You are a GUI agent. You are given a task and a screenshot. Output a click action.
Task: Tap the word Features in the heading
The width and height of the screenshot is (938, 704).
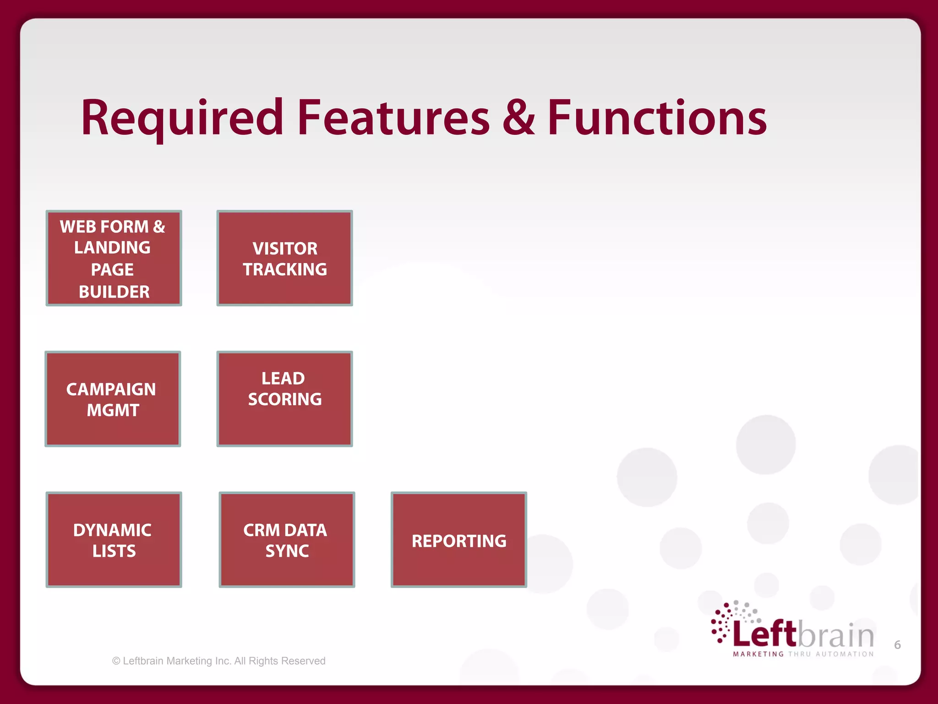click(x=393, y=118)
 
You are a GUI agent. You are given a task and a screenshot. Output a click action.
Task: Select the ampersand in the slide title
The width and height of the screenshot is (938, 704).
click(x=518, y=118)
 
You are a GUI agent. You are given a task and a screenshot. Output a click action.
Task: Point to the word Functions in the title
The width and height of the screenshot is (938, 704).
click(x=657, y=118)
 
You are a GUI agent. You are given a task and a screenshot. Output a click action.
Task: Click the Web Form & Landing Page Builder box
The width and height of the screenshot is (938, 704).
click(x=114, y=258)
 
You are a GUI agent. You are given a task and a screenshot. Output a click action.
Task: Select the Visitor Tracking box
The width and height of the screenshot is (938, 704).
click(x=284, y=258)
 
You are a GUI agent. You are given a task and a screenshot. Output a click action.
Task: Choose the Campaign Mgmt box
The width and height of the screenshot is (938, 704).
click(x=113, y=399)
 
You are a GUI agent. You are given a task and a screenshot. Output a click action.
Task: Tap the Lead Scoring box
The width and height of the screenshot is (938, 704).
click(x=284, y=399)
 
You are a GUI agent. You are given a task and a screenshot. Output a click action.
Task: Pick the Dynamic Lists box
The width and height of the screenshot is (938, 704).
click(x=114, y=539)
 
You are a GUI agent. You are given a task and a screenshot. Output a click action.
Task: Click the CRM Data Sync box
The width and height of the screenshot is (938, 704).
click(x=287, y=539)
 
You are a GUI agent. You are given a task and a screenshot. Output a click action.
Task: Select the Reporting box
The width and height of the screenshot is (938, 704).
click(x=458, y=539)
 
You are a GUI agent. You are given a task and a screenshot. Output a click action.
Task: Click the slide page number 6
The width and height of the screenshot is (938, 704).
click(x=897, y=645)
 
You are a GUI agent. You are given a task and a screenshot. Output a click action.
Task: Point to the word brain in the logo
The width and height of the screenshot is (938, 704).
click(x=836, y=636)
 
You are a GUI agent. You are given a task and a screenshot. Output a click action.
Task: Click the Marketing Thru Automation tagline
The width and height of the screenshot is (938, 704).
click(x=803, y=654)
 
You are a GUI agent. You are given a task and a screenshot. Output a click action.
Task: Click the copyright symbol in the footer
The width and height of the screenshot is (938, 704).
click(x=116, y=661)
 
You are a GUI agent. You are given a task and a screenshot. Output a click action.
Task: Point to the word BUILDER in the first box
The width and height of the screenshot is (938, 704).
click(x=114, y=292)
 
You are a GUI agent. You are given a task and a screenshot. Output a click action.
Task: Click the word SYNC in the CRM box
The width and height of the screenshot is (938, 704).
click(x=287, y=551)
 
